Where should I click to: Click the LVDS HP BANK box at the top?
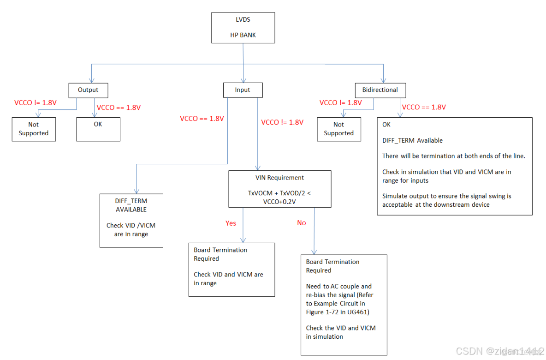click(243, 28)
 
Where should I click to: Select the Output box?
click(88, 90)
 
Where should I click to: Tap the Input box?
click(243, 90)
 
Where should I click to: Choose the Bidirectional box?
click(380, 90)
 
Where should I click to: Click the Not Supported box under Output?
click(34, 129)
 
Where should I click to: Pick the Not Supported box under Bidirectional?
click(338, 129)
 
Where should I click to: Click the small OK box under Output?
click(98, 129)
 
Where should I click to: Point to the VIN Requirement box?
click(280, 189)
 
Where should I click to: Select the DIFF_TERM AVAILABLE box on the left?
click(131, 221)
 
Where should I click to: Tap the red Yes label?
click(231, 223)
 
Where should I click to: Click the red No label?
click(302, 223)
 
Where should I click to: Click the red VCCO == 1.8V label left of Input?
click(202, 119)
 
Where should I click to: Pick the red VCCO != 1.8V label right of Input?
click(282, 122)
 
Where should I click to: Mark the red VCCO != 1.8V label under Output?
click(36, 102)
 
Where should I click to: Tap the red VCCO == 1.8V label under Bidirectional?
click(424, 107)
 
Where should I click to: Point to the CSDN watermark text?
click(498, 351)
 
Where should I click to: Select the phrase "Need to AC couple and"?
click(339, 286)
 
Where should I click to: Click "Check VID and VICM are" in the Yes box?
click(228, 274)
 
